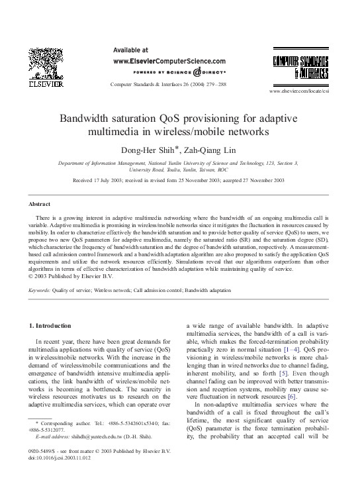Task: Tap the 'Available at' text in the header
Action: pos(131,50)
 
